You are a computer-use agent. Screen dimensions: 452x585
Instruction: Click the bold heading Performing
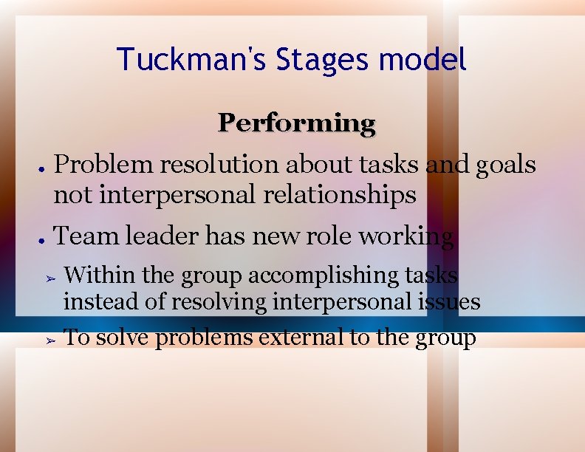click(x=296, y=123)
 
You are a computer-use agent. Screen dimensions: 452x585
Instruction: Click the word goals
click(x=506, y=165)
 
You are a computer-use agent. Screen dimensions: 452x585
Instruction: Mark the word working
click(x=406, y=237)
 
